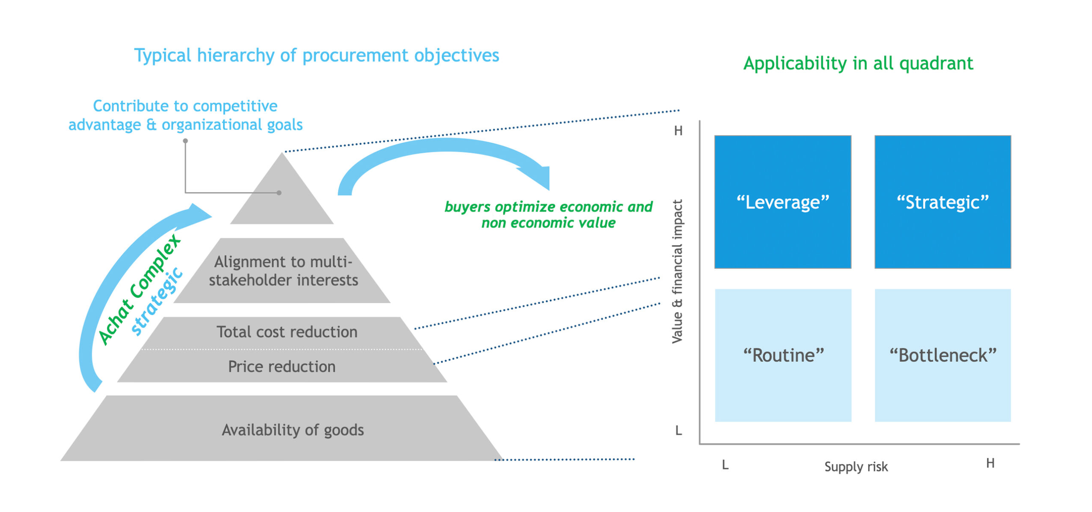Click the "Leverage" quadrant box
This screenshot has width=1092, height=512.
coord(782,202)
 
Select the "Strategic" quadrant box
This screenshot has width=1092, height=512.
coord(942,202)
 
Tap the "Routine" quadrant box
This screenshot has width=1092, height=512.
coord(783,355)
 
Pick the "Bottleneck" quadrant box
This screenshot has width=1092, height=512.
coord(942,355)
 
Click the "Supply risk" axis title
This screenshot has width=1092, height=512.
coord(856,466)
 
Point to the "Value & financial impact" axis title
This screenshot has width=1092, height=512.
coord(677,271)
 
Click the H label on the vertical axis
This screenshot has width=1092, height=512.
coord(678,131)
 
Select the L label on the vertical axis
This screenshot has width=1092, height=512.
coord(678,431)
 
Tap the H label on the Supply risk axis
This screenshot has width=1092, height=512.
coord(990,463)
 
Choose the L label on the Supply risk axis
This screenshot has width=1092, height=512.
coord(725,465)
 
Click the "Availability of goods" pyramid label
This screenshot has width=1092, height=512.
coord(293,430)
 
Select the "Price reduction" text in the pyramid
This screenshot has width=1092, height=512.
coord(282,366)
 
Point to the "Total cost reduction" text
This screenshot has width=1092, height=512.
coord(287,332)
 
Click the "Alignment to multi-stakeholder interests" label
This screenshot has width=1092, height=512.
coord(283,271)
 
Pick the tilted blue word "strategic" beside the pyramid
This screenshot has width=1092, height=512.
coord(157,301)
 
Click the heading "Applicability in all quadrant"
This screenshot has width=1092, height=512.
coord(858,63)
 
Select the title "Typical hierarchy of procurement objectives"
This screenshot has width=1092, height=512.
coord(316,55)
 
